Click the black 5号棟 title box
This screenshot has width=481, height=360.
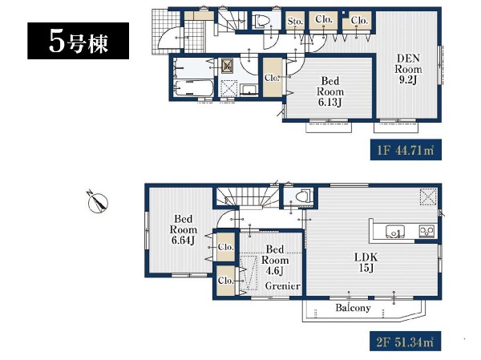pos(78,41)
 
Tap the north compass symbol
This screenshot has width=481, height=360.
pos(98,203)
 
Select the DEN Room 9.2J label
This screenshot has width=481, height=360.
pos(408,69)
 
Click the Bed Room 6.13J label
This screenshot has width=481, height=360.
pos(330,91)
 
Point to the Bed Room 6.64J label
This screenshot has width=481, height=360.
pos(183,229)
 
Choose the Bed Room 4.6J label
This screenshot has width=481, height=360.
pos(274,260)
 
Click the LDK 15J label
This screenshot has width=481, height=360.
pos(366,262)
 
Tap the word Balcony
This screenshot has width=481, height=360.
pos(353,308)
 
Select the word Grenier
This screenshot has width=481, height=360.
pos(282,286)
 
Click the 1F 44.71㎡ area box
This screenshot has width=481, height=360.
pos(406,149)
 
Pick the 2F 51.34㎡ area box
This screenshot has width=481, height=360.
pos(406,341)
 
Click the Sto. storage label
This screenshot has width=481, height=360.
pos(295,21)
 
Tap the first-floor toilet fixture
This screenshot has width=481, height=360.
pos(261,21)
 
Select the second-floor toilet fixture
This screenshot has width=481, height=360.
pos(302,196)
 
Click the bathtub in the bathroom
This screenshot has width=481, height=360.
pos(193,87)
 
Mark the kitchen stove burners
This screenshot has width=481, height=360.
pos(427,230)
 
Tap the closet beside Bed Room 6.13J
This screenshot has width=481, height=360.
pos(273,77)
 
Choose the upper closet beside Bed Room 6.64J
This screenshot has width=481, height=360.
pos(226,247)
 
